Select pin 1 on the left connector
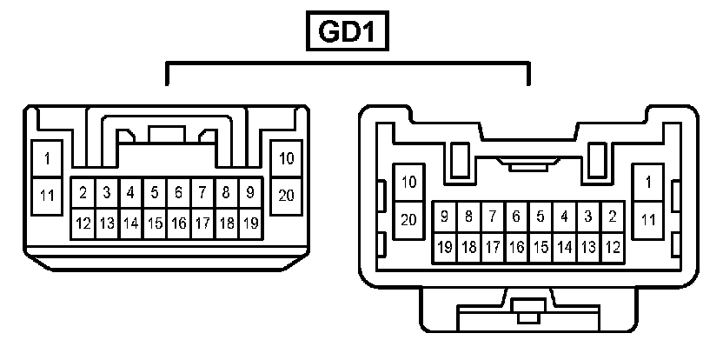46,159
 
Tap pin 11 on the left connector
46,195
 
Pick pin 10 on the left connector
286,159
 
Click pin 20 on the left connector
286,195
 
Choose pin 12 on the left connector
83,223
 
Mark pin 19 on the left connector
249,223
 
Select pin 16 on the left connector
178,223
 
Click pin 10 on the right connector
409,182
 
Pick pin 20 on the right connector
409,219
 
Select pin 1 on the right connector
647,182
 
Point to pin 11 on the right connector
647,219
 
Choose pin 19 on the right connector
445,248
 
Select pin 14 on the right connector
564,248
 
